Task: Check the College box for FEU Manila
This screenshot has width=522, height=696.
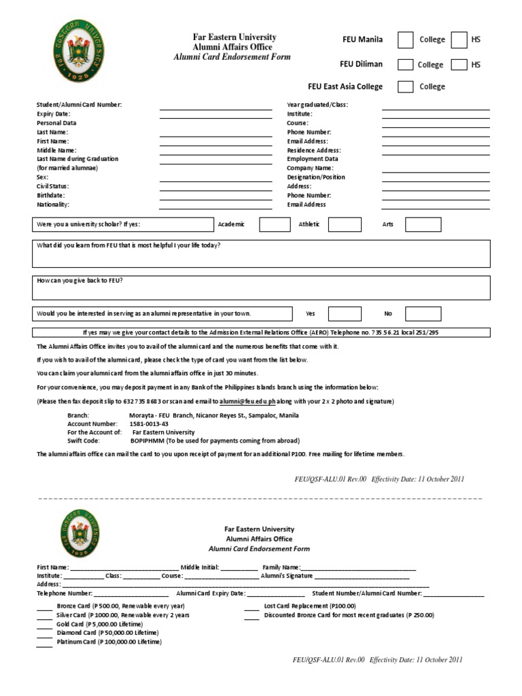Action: (405, 40)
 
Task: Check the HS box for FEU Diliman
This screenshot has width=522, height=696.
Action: (459, 65)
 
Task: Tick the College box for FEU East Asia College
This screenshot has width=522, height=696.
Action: (405, 87)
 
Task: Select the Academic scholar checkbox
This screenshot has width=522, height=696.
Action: (275, 224)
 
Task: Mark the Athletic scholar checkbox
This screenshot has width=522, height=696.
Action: (345, 224)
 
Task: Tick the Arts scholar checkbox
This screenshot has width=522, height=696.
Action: (423, 224)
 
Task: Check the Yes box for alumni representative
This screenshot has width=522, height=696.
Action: (345, 313)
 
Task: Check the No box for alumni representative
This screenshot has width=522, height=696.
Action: (423, 313)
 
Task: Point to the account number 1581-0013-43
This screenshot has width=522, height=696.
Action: (149, 423)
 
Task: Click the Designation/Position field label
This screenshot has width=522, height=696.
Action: (316, 177)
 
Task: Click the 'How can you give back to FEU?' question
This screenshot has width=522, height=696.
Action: (80, 281)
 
